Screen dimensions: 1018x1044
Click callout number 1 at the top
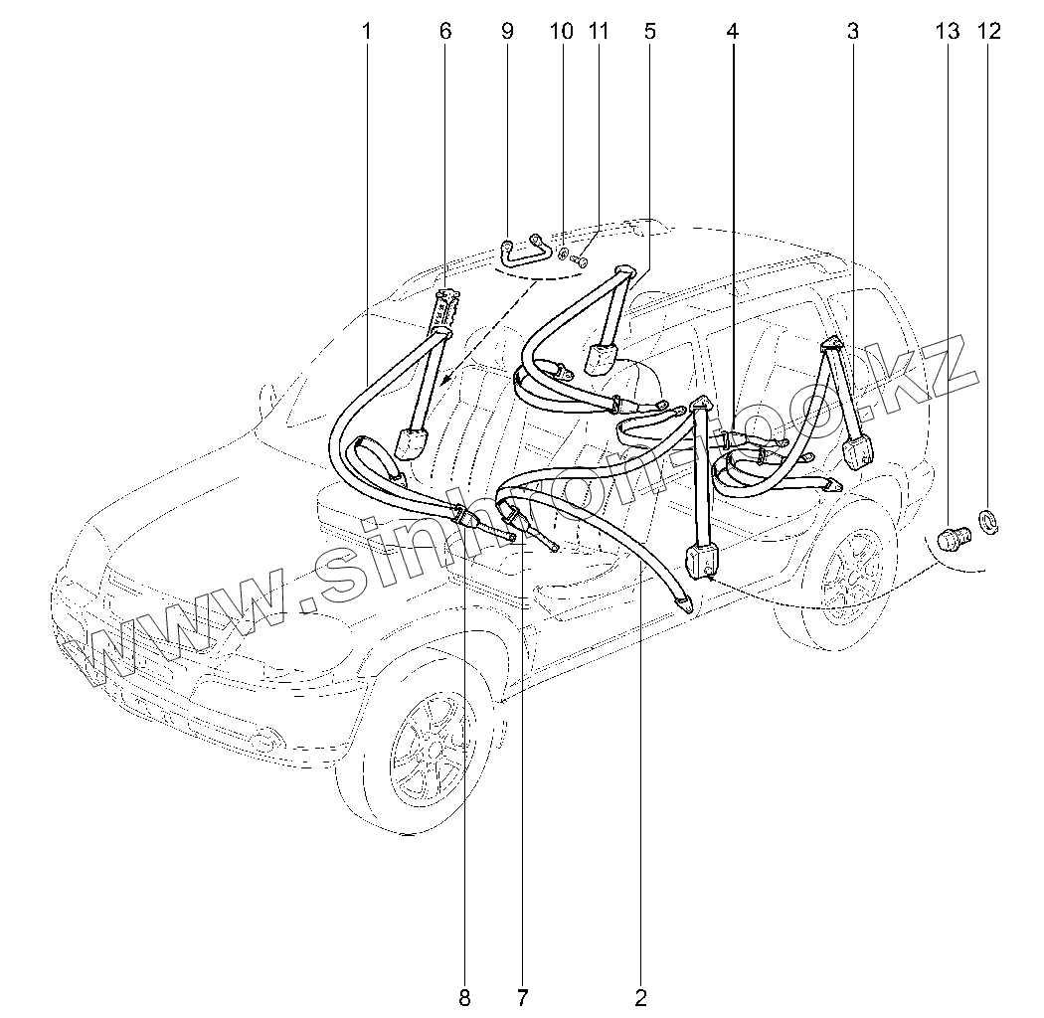(x=366, y=32)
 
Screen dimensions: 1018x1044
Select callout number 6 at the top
(x=444, y=32)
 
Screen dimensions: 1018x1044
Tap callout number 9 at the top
(x=508, y=32)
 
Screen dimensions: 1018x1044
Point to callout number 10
(x=562, y=32)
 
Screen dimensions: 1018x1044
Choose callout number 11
(x=598, y=32)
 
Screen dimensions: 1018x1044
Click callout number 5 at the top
(x=649, y=32)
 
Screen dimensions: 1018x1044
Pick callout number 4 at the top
(x=733, y=32)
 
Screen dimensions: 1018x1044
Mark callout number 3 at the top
(x=852, y=32)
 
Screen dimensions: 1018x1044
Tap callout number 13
(x=948, y=32)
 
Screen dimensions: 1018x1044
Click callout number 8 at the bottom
(x=464, y=995)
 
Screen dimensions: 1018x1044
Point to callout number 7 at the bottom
(x=522, y=995)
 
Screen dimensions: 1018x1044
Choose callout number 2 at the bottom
(x=641, y=995)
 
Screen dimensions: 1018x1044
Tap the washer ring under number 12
(x=990, y=520)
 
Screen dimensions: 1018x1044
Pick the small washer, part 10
(x=563, y=254)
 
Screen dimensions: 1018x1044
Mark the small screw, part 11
(x=581, y=261)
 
